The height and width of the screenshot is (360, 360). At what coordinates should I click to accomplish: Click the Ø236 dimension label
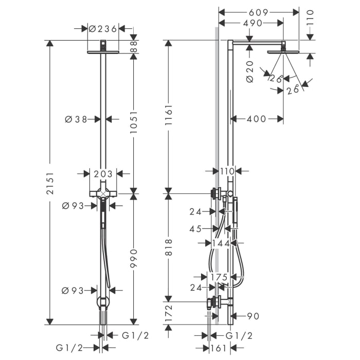103,29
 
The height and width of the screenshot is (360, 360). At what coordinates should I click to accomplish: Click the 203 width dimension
103,174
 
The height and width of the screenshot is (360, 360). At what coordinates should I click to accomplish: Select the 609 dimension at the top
259,11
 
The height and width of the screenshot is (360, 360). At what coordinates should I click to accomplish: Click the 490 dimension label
249,23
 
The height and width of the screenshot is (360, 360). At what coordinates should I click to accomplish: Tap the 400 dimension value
256,119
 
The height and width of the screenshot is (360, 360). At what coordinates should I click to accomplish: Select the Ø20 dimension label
250,71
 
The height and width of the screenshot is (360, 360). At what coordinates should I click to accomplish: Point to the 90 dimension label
253,316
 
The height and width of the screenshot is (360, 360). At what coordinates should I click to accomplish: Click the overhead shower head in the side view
283,51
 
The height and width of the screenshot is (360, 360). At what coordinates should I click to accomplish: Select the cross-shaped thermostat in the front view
103,193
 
